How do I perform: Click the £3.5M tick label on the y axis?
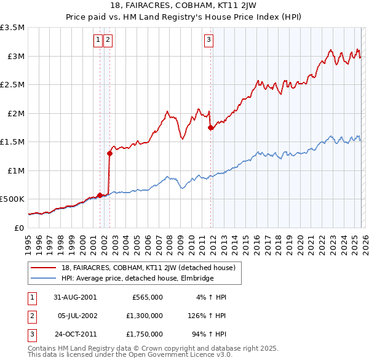[x=12, y=28]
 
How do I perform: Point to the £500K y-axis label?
[x=12, y=199]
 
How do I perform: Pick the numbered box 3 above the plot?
[x=208, y=40]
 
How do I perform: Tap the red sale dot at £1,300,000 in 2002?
[x=110, y=154]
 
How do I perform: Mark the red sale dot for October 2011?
[x=211, y=128]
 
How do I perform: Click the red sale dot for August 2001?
[x=100, y=195]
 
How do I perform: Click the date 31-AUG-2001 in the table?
[x=76, y=297]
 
